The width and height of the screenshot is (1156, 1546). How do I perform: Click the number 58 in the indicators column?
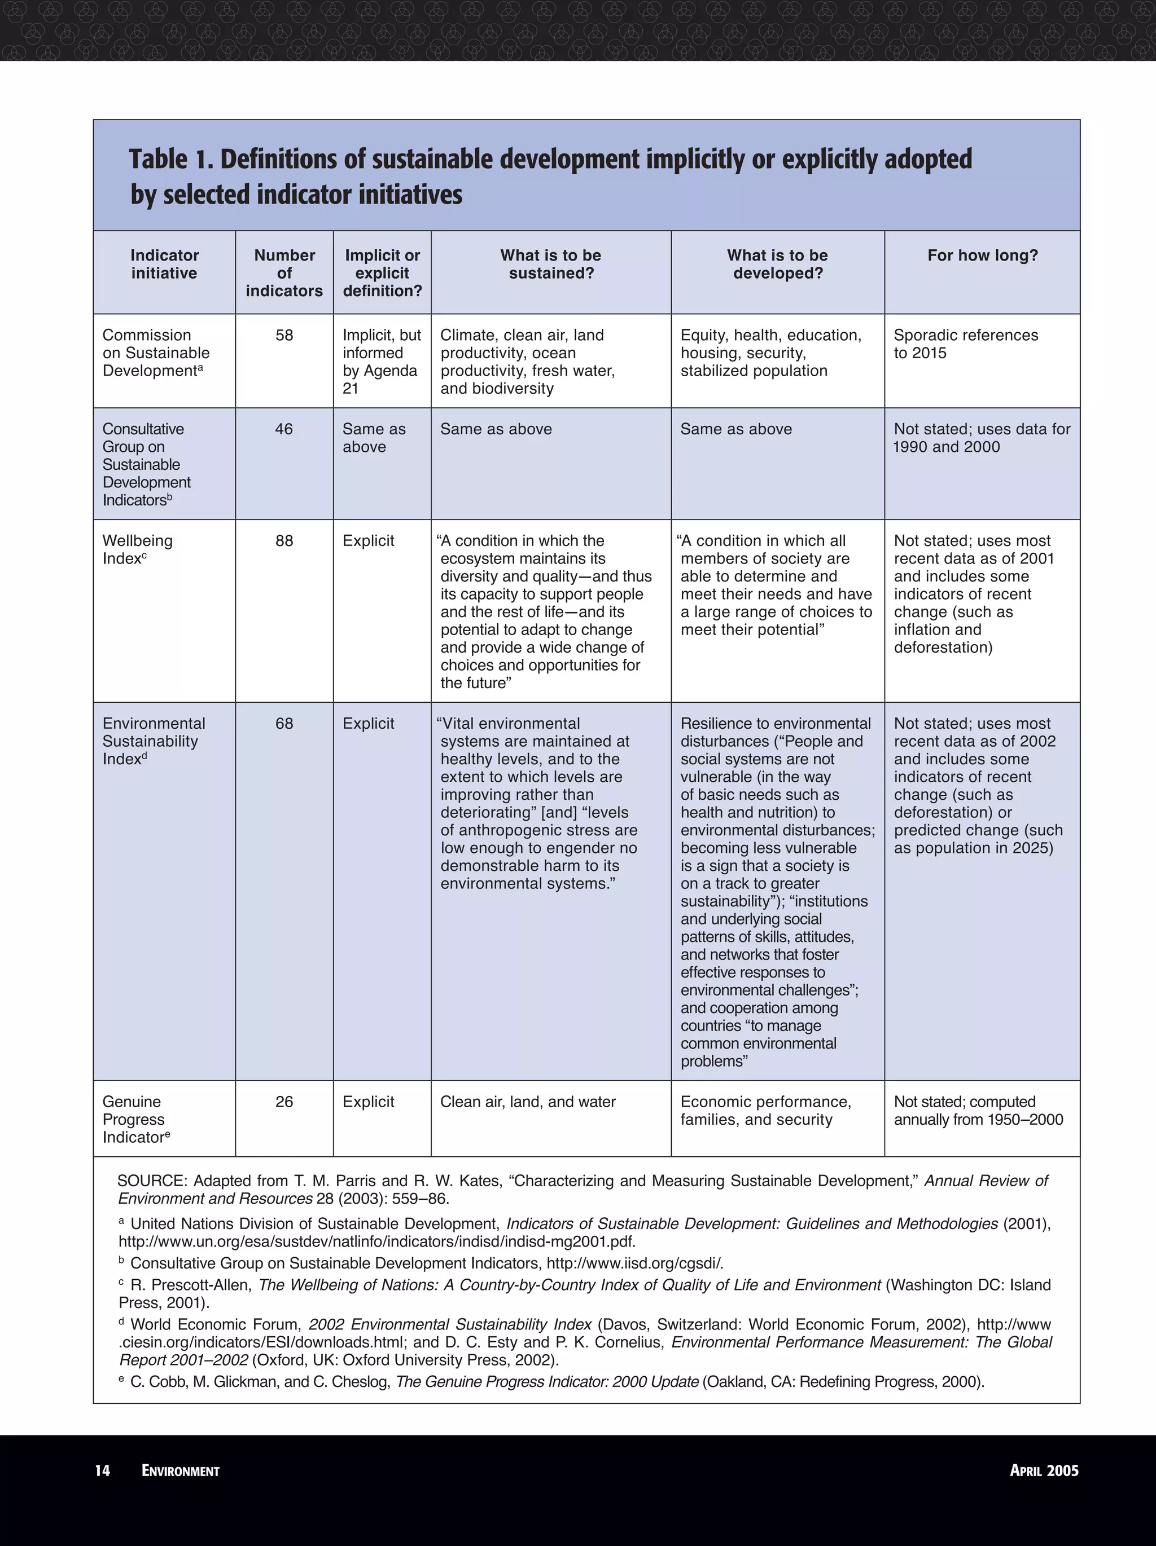click(x=284, y=336)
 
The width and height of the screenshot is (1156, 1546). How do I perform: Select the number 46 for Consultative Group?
click(x=284, y=429)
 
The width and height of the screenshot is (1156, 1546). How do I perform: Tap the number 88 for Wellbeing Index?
click(x=284, y=541)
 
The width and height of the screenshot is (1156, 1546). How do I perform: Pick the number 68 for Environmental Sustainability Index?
click(x=284, y=724)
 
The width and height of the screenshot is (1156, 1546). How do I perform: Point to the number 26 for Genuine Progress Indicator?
click(x=284, y=1102)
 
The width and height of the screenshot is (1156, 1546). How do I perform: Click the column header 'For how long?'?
click(x=983, y=256)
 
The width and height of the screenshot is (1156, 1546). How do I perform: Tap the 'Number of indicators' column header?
click(x=284, y=274)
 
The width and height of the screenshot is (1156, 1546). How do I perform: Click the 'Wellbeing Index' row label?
click(x=137, y=550)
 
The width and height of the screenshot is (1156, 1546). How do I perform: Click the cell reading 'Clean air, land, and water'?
click(x=527, y=1102)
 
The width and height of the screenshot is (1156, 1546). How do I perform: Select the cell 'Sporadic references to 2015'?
click(x=965, y=344)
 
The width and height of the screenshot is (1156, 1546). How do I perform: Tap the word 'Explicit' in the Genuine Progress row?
click(x=368, y=1102)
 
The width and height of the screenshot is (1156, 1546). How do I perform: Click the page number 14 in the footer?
click(x=102, y=1470)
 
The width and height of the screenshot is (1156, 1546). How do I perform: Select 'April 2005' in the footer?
click(x=1044, y=1470)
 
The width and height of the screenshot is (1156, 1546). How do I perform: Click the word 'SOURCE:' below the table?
click(x=152, y=1181)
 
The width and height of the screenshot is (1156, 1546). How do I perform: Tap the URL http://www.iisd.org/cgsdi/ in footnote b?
click(x=634, y=1263)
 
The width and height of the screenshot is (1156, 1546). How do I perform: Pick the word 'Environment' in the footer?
click(x=181, y=1470)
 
